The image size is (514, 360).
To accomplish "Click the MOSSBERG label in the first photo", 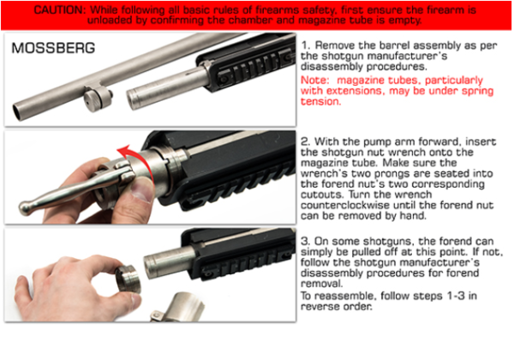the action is [53, 48].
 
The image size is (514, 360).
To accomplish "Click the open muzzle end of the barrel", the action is [18, 112].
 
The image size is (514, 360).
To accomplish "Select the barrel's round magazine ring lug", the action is [96, 99].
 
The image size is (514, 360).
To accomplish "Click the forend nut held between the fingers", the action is [128, 279].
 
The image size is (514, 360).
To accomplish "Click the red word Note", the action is [314, 80].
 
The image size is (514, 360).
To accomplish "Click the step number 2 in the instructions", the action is [306, 141].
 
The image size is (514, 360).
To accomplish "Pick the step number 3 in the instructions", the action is [306, 242].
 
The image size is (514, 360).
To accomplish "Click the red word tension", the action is [321, 101].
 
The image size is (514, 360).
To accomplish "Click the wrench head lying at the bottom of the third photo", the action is [180, 308].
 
